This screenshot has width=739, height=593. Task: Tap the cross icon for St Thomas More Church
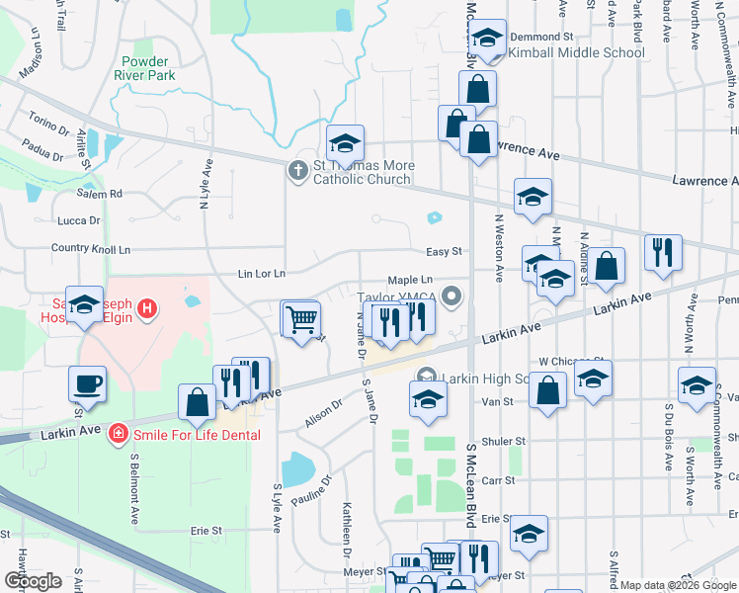[x=297, y=170]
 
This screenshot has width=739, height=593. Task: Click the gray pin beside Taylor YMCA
[x=452, y=296]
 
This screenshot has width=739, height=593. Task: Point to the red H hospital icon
[x=146, y=309]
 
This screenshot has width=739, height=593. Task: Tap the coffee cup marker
[x=87, y=383]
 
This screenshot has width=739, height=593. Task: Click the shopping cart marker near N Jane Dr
[x=300, y=319]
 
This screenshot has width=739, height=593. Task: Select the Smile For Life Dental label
[x=199, y=434]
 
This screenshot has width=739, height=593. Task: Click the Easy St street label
[x=444, y=252]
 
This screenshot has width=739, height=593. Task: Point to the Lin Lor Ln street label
[x=261, y=273]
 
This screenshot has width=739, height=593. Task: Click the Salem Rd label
[x=102, y=194]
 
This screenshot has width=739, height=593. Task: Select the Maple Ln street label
[x=410, y=281]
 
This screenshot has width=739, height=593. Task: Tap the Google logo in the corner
[x=34, y=581]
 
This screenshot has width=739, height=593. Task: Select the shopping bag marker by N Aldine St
[x=609, y=266]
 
